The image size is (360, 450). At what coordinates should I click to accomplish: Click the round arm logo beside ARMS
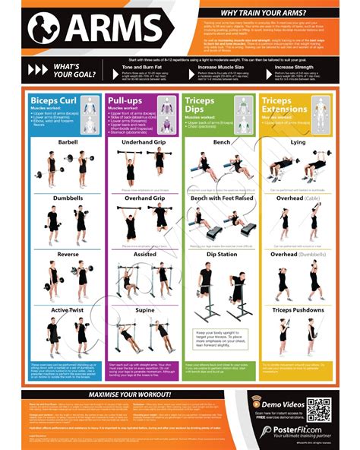[45, 29]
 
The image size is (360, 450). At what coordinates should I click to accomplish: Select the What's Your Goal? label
[73, 71]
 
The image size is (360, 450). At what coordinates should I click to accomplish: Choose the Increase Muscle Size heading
[219, 67]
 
